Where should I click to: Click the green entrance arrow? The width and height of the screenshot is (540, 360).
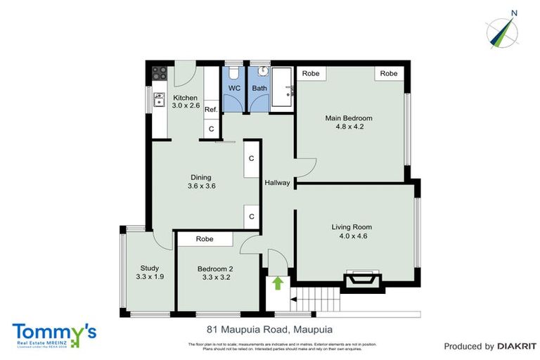pyautogui.click(x=278, y=283)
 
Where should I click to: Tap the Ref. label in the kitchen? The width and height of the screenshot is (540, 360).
pyautogui.click(x=210, y=110)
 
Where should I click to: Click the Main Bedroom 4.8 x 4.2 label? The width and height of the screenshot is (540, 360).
pyautogui.click(x=349, y=122)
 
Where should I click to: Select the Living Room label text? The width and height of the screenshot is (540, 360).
pyautogui.click(x=352, y=231)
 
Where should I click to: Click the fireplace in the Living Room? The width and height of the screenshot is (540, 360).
pyautogui.click(x=363, y=282)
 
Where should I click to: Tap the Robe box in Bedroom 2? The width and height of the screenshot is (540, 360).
pyautogui.click(x=205, y=239)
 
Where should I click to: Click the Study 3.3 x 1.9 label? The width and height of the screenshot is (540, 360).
pyautogui.click(x=148, y=272)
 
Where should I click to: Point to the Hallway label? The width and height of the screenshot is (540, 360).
pyautogui.click(x=277, y=183)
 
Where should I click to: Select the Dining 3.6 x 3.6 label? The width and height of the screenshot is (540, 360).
pyautogui.click(x=201, y=181)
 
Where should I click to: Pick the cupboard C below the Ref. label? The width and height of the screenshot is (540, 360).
pyautogui.click(x=211, y=129)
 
